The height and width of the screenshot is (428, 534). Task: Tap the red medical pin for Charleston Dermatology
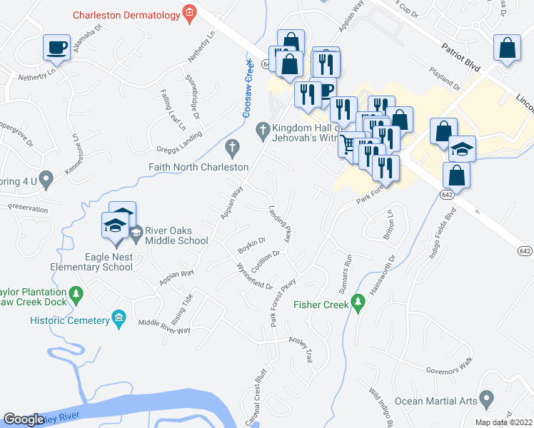tap(189, 14)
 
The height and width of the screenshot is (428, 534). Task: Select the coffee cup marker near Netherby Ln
tap(56, 49)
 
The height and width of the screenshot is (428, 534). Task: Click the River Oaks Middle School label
tap(176, 235)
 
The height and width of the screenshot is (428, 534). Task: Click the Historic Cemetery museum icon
tap(119, 320)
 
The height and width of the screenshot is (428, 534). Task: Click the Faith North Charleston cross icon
tap(231, 148)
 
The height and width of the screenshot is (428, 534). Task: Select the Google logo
tap(24, 419)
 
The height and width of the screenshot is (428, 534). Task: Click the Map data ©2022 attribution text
tap(504, 422)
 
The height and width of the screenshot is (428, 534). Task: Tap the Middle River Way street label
tap(164, 326)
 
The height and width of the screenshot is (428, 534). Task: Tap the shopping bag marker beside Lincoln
tap(507, 49)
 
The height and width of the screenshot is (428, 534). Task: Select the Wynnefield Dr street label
tap(255, 275)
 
